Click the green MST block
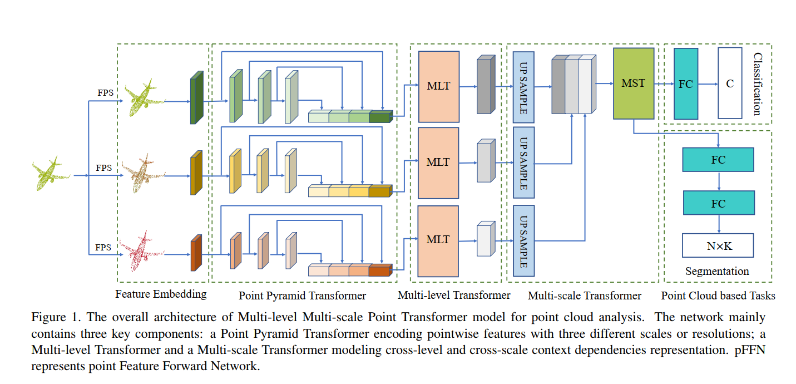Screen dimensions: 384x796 [634, 83]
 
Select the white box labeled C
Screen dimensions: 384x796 [730, 83]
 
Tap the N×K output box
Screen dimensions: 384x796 [718, 245]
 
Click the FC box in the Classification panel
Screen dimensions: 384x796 [686, 83]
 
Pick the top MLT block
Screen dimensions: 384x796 [438, 86]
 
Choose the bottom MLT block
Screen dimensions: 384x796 [438, 240]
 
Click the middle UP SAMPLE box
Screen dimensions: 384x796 [523, 163]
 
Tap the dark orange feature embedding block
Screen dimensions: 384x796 [196, 254]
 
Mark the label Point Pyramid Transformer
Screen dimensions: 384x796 [302, 296]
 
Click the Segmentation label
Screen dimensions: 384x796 [717, 272]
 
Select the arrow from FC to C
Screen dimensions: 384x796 [708, 84]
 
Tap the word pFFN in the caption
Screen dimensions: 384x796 [751, 353]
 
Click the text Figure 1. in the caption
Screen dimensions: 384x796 [50, 318]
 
